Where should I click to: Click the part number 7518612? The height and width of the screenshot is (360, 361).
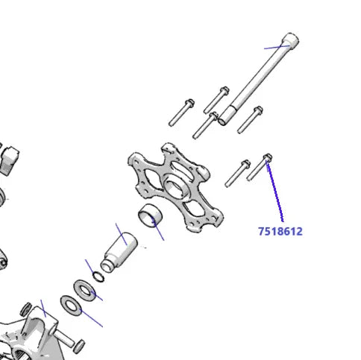pyautogui.click(x=280, y=231)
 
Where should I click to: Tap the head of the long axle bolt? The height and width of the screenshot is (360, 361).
pyautogui.click(x=290, y=40)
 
